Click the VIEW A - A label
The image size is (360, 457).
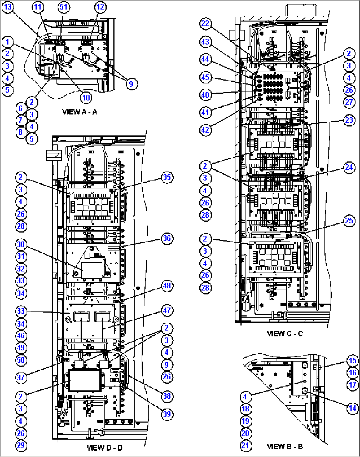click(80, 112)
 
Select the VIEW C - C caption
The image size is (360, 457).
click(284, 334)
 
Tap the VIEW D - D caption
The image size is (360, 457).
click(104, 448)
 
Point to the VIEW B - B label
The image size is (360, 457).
click(284, 446)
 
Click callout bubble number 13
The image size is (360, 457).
click(8, 7)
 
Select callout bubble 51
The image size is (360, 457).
click(63, 7)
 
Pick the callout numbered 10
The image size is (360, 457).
click(86, 97)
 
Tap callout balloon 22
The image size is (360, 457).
click(205, 23)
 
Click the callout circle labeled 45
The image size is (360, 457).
click(205, 77)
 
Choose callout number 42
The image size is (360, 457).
click(205, 130)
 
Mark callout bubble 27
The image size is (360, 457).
click(349, 102)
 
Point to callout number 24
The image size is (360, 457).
click(349, 168)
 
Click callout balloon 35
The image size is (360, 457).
click(167, 177)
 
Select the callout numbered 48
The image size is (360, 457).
click(167, 286)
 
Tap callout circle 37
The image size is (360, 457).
click(21, 377)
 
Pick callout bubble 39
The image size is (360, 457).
click(167, 414)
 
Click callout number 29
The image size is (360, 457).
click(21, 445)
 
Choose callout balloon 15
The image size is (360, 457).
click(353, 361)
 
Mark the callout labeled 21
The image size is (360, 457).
click(245, 445)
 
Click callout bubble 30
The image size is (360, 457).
click(21, 244)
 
